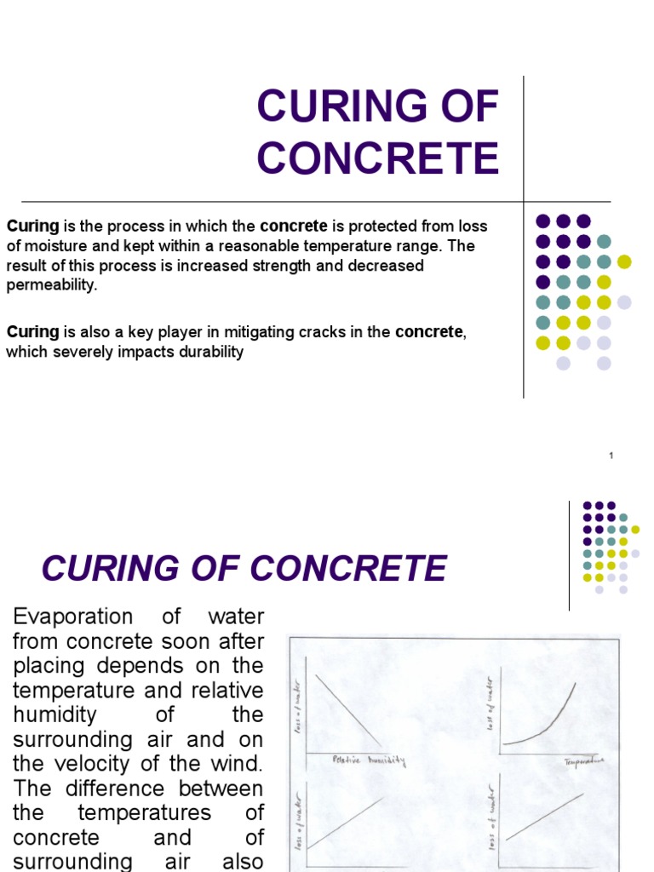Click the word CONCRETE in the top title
pos(378,159)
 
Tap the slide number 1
pos(611,456)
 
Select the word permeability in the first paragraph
pos(50,285)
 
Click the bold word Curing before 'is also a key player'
pos(32,332)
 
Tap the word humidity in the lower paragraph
pos(55,714)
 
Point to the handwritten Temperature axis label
pos(583,760)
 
